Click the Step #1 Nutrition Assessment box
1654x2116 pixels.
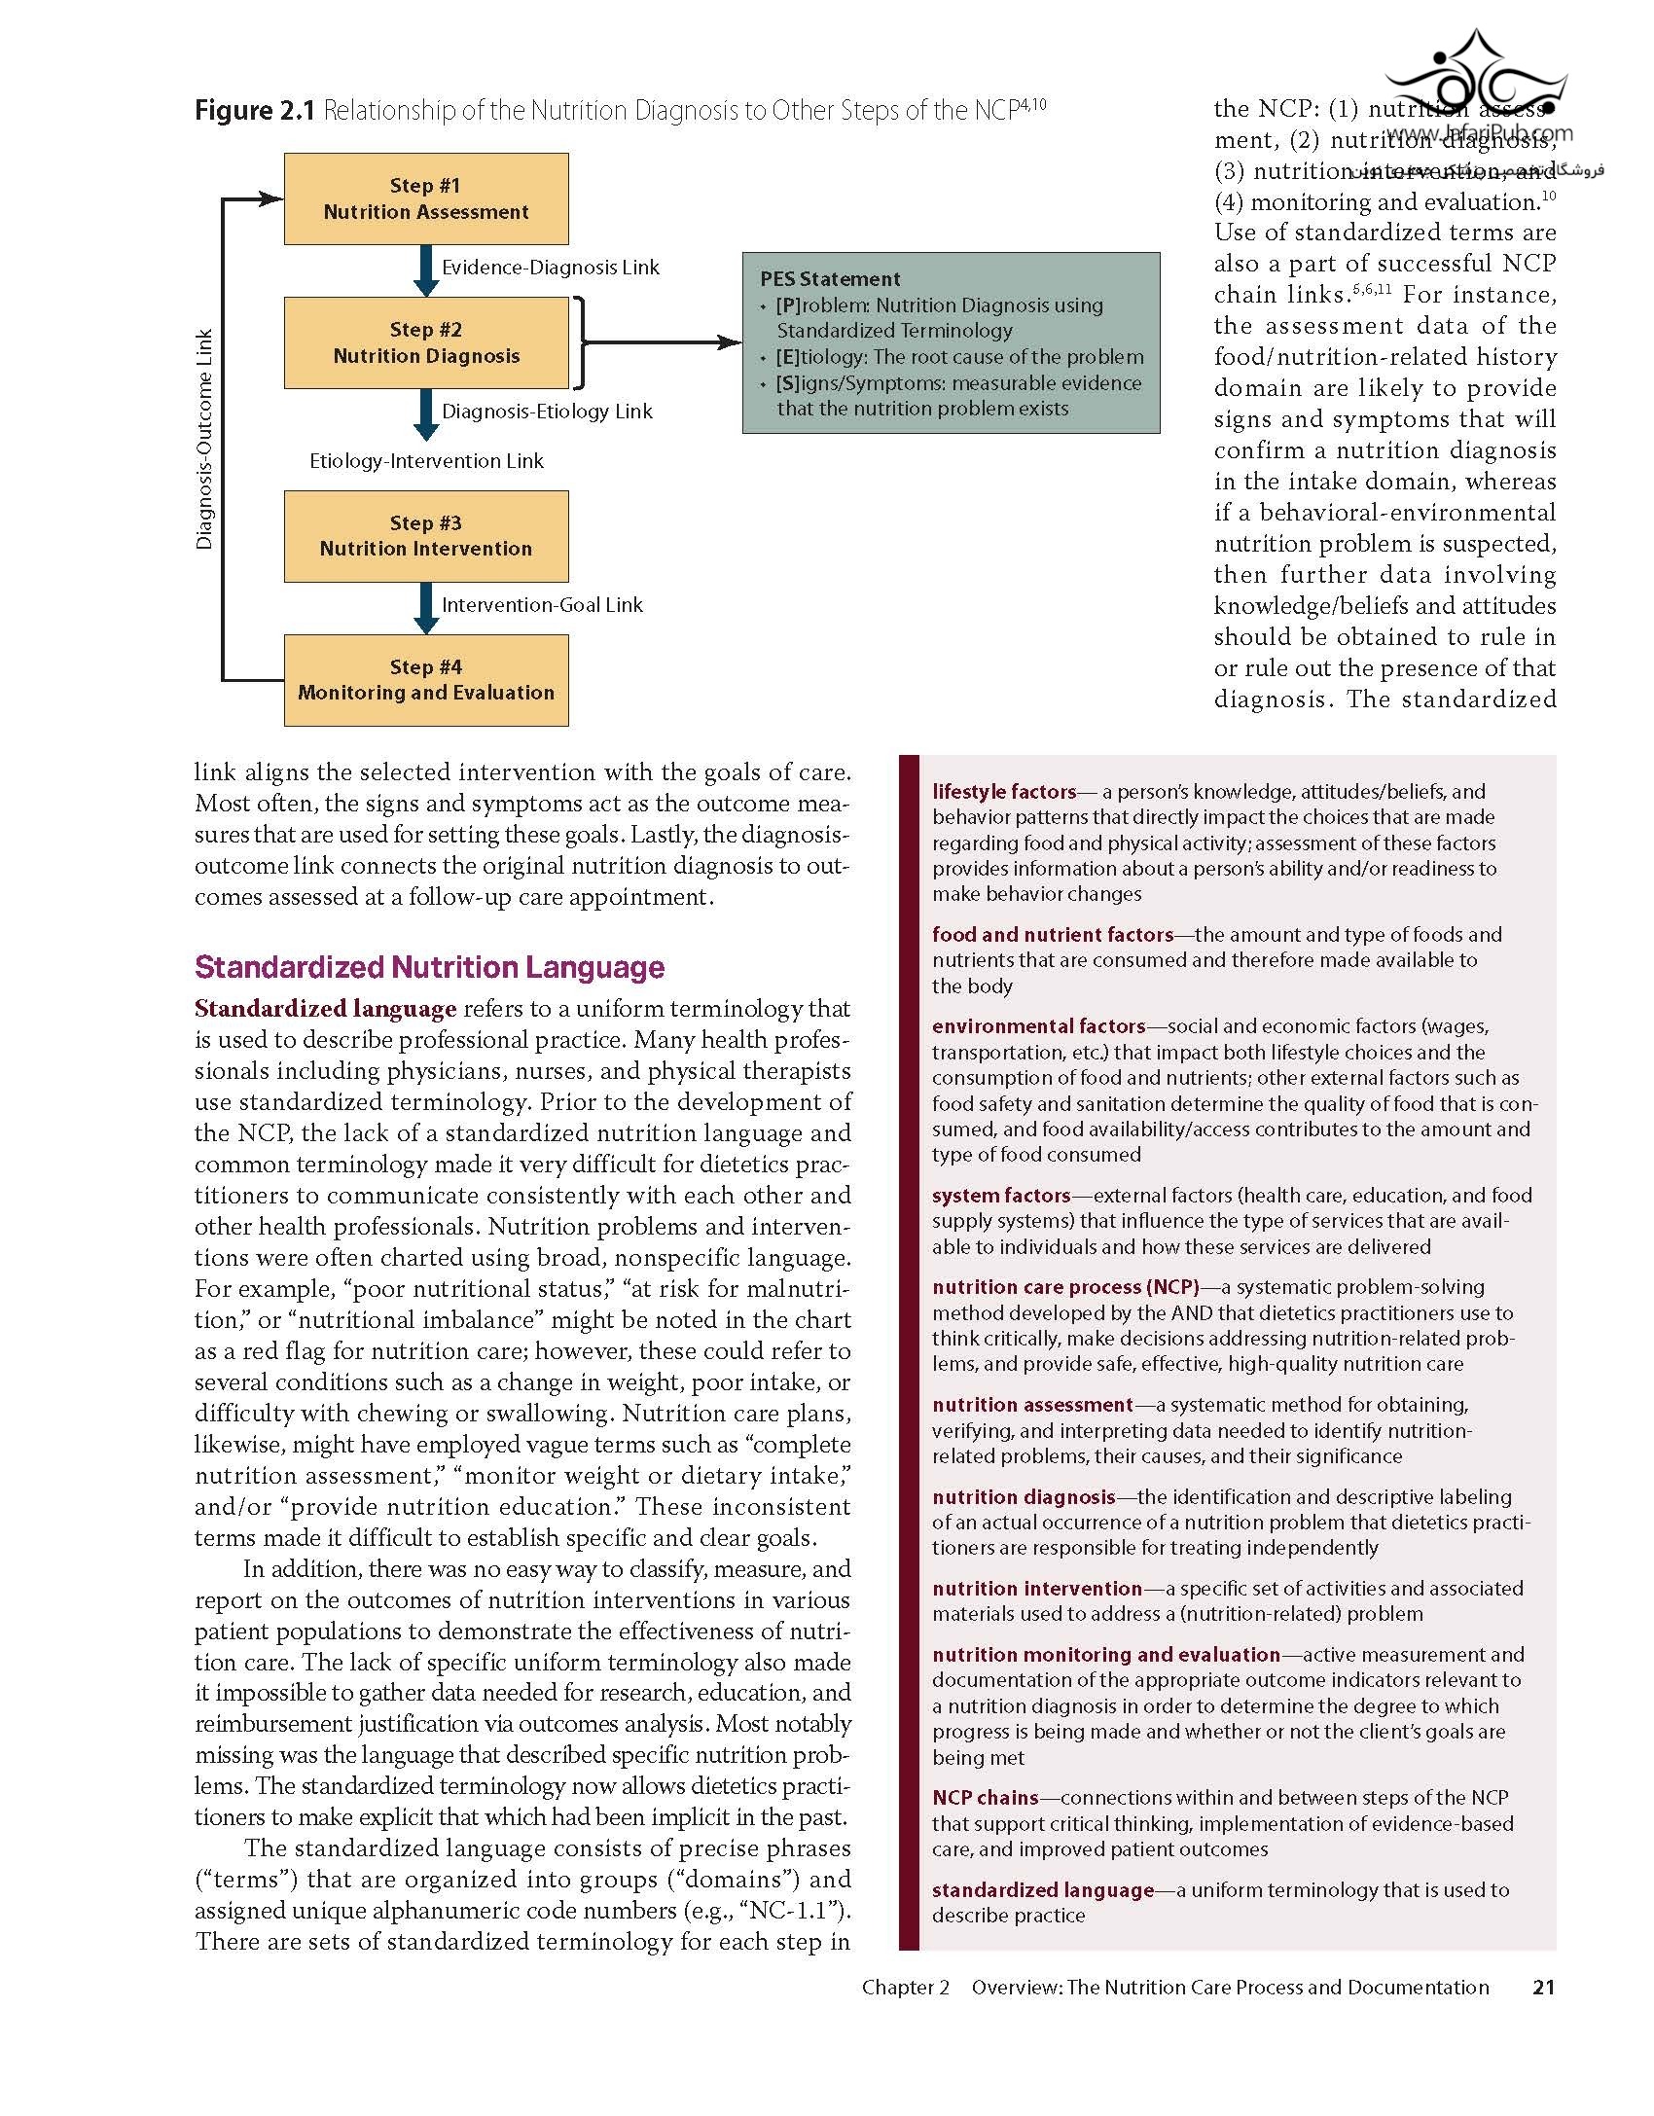click(x=426, y=198)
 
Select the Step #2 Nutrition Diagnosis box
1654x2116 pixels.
click(x=426, y=342)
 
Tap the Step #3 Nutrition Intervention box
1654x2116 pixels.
click(x=426, y=536)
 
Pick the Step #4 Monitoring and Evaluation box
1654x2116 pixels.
click(x=426, y=680)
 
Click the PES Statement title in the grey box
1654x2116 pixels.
click(x=830, y=279)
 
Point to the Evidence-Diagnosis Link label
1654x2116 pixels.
click(x=550, y=268)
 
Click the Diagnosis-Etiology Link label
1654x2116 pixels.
click(x=547, y=412)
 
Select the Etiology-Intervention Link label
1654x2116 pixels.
click(x=426, y=461)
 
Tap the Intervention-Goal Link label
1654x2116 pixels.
click(x=542, y=605)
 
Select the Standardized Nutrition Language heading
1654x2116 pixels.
click(x=429, y=967)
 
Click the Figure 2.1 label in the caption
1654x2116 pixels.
click(x=255, y=111)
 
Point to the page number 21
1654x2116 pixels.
click(x=1543, y=1988)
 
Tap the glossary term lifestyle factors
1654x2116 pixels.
click(x=1004, y=792)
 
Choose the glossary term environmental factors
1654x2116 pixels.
click(x=1038, y=1026)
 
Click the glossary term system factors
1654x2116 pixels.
click(x=1001, y=1196)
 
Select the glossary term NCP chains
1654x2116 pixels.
click(x=985, y=1798)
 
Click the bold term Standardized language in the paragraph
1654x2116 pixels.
click(x=325, y=1009)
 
